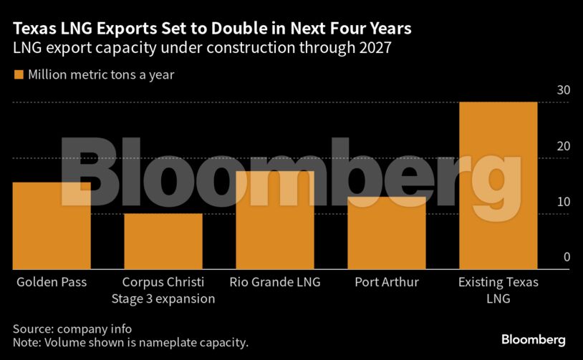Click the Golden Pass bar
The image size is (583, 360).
[52, 225]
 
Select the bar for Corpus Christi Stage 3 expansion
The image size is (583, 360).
[163, 241]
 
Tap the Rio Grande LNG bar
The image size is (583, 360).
[275, 220]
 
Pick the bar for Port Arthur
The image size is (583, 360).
[387, 233]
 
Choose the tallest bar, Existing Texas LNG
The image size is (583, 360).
[498, 185]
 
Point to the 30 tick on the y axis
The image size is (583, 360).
[564, 90]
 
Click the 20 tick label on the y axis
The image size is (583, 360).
[564, 146]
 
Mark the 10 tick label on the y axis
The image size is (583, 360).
[564, 202]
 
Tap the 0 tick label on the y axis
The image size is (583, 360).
[567, 258]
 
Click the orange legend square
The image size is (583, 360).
[18, 74]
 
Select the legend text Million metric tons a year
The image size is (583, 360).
[101, 74]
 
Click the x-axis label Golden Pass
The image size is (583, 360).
[52, 282]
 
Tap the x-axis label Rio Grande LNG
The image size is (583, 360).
[275, 282]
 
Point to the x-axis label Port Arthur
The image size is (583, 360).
[387, 282]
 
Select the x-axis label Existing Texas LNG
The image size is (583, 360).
[498, 290]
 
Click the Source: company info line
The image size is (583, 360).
[72, 329]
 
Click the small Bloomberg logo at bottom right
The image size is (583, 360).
[533, 339]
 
